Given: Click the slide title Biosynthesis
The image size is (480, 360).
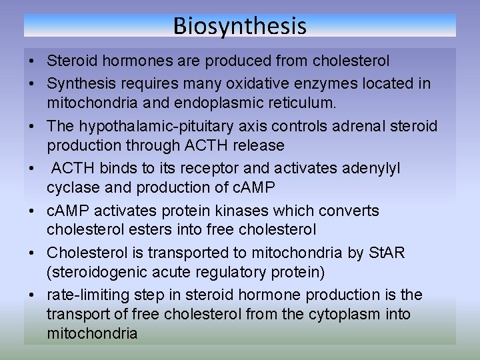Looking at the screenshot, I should [x=240, y=26].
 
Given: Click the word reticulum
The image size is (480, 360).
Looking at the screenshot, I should [x=300, y=103].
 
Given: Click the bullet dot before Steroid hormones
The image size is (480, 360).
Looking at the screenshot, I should [x=32, y=61].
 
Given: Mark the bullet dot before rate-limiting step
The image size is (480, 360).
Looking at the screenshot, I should [x=32, y=295].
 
